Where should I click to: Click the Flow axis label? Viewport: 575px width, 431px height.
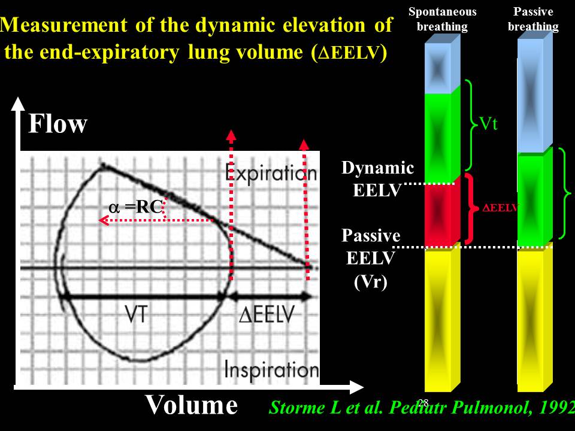(x=58, y=124)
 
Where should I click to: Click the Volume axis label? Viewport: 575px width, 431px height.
(x=191, y=405)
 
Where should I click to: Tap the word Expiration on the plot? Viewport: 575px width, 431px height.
(x=271, y=173)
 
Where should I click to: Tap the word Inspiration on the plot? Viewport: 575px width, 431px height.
(x=271, y=369)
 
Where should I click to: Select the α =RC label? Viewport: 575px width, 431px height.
(x=136, y=207)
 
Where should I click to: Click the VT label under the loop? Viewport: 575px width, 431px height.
(x=136, y=314)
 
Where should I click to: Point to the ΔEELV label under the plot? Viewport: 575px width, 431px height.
(x=267, y=314)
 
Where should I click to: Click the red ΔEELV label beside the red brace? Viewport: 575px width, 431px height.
(x=500, y=208)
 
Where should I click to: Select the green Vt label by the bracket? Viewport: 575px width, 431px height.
(x=489, y=123)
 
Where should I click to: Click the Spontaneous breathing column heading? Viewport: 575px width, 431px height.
(x=442, y=19)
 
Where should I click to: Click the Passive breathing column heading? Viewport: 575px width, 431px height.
(x=533, y=19)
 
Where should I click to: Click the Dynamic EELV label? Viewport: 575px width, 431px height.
(x=378, y=179)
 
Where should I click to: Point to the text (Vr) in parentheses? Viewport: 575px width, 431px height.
(x=371, y=281)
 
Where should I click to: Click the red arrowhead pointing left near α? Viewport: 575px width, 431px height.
(x=104, y=220)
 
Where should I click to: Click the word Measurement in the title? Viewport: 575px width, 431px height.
(x=63, y=25)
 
